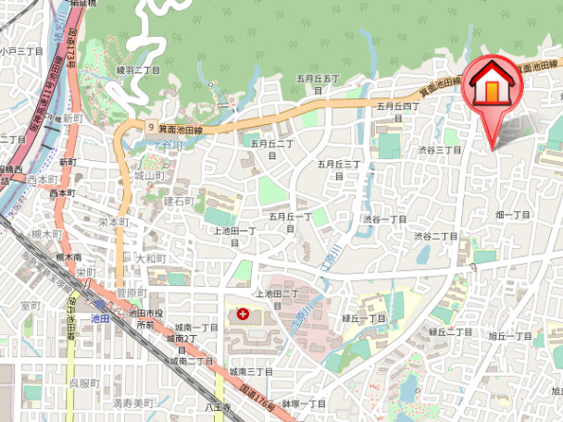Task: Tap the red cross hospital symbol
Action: point(244,315)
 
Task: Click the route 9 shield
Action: point(150,126)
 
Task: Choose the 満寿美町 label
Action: point(131,403)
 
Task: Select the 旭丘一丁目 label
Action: point(510,335)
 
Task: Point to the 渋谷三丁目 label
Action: point(438,149)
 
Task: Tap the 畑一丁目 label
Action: point(512,215)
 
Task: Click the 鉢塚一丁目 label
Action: point(305,403)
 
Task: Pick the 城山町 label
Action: point(149,175)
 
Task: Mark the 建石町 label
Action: point(178,200)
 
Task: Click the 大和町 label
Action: point(151,258)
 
